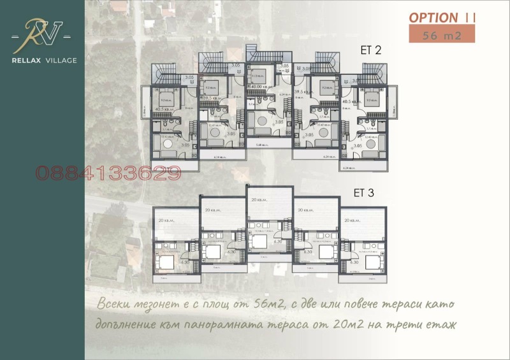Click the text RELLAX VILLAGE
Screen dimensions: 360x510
[44, 61]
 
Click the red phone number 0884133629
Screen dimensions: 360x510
[108, 173]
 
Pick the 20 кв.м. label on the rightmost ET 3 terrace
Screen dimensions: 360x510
[352, 220]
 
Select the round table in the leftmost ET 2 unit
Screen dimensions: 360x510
[167, 145]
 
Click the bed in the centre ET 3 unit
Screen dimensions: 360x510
[259, 241]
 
